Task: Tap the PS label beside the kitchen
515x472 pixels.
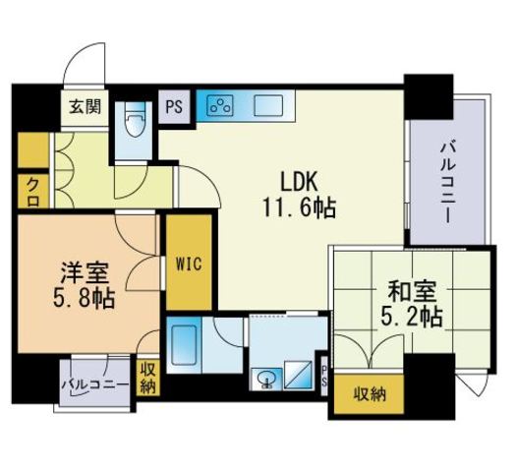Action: pyautogui.click(x=175, y=106)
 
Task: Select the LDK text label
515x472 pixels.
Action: pyautogui.click(x=300, y=183)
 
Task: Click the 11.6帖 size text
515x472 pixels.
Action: pyautogui.click(x=298, y=208)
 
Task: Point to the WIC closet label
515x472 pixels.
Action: pyautogui.click(x=189, y=265)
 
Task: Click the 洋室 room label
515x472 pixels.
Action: pyautogui.click(x=84, y=270)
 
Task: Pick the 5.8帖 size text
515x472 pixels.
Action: pyautogui.click(x=84, y=297)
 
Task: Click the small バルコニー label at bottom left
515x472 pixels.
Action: pyautogui.click(x=96, y=383)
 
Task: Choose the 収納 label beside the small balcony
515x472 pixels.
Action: pyautogui.click(x=148, y=377)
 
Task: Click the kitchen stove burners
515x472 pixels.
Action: pyautogui.click(x=220, y=105)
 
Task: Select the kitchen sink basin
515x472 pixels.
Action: pyautogui.click(x=268, y=105)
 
